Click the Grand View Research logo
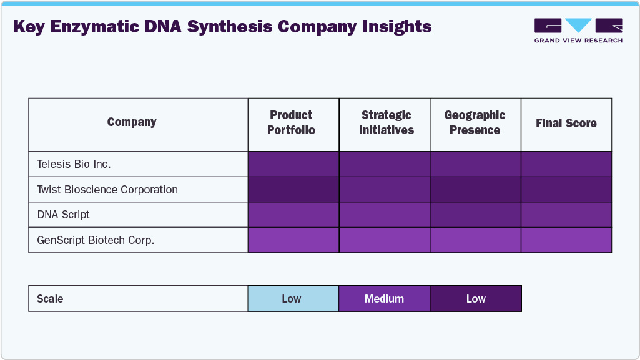pyautogui.click(x=578, y=31)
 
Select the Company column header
pyautogui.click(x=132, y=122)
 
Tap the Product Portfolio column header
pyautogui.click(x=292, y=123)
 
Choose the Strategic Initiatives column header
pyautogui.click(x=386, y=123)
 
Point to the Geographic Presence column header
pyautogui.click(x=475, y=123)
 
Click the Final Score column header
pyautogui.click(x=566, y=124)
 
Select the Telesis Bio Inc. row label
pyautogui.click(x=74, y=165)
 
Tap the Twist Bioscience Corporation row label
pyautogui.click(x=107, y=190)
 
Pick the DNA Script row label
pyautogui.click(x=64, y=215)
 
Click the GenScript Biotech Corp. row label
pyautogui.click(x=96, y=240)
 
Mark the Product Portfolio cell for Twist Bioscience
pyautogui.click(x=293, y=190)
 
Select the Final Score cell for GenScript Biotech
pyautogui.click(x=566, y=240)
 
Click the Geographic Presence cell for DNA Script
pyautogui.click(x=475, y=215)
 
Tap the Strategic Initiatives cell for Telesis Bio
pyautogui.click(x=385, y=165)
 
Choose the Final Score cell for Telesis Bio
pyautogui.click(x=566, y=165)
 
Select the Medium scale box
pyautogui.click(x=384, y=299)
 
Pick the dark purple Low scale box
pyautogui.click(x=475, y=299)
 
